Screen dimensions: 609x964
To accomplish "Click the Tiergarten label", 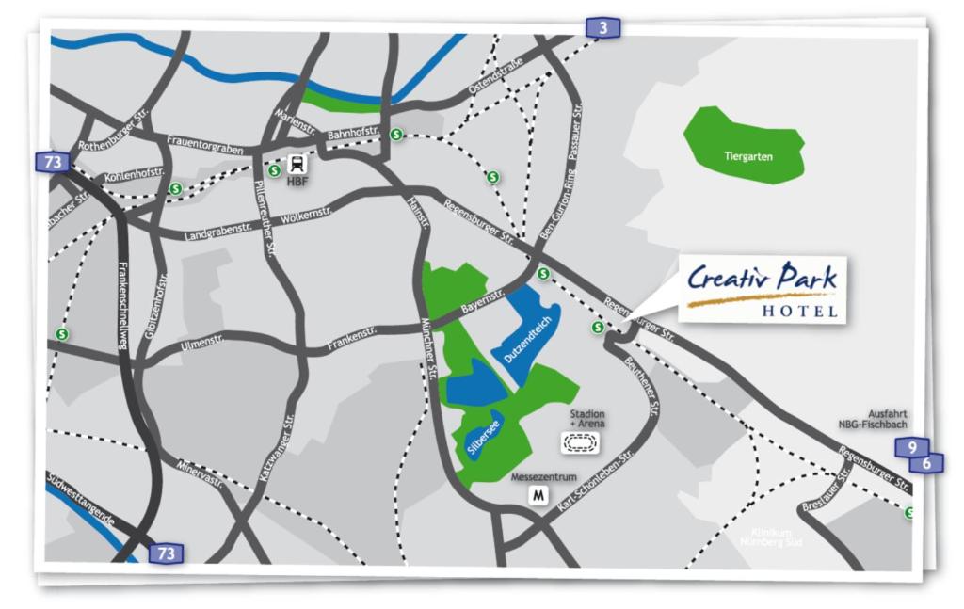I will coord(748,156).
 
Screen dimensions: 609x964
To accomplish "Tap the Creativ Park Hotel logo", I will coord(763,289).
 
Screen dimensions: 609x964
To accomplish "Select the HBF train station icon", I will coord(297,164).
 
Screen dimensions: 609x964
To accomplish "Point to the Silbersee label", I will coord(482,437).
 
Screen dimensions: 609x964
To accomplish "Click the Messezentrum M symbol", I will coord(538,495).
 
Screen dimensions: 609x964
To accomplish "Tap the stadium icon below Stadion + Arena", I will coord(580,443).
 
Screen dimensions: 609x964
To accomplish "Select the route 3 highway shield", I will coord(602,28).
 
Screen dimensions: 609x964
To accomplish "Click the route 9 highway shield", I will coord(911,447).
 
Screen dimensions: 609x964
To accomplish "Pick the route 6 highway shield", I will coord(926,463).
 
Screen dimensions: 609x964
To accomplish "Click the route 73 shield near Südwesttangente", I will coord(166,553).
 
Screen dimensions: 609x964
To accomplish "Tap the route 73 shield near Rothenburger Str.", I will coord(53,162).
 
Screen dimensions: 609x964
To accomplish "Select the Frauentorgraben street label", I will coord(205,145).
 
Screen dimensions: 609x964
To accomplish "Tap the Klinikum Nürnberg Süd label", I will coord(773,537).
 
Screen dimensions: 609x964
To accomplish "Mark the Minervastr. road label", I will coord(200,473).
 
